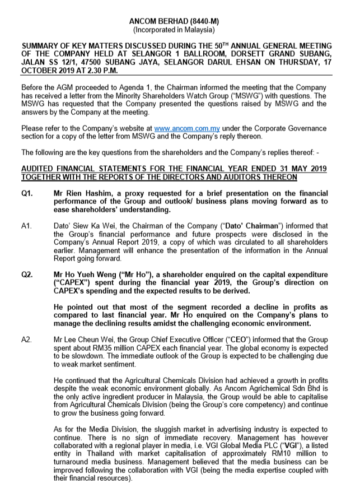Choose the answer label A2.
click(26, 340)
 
